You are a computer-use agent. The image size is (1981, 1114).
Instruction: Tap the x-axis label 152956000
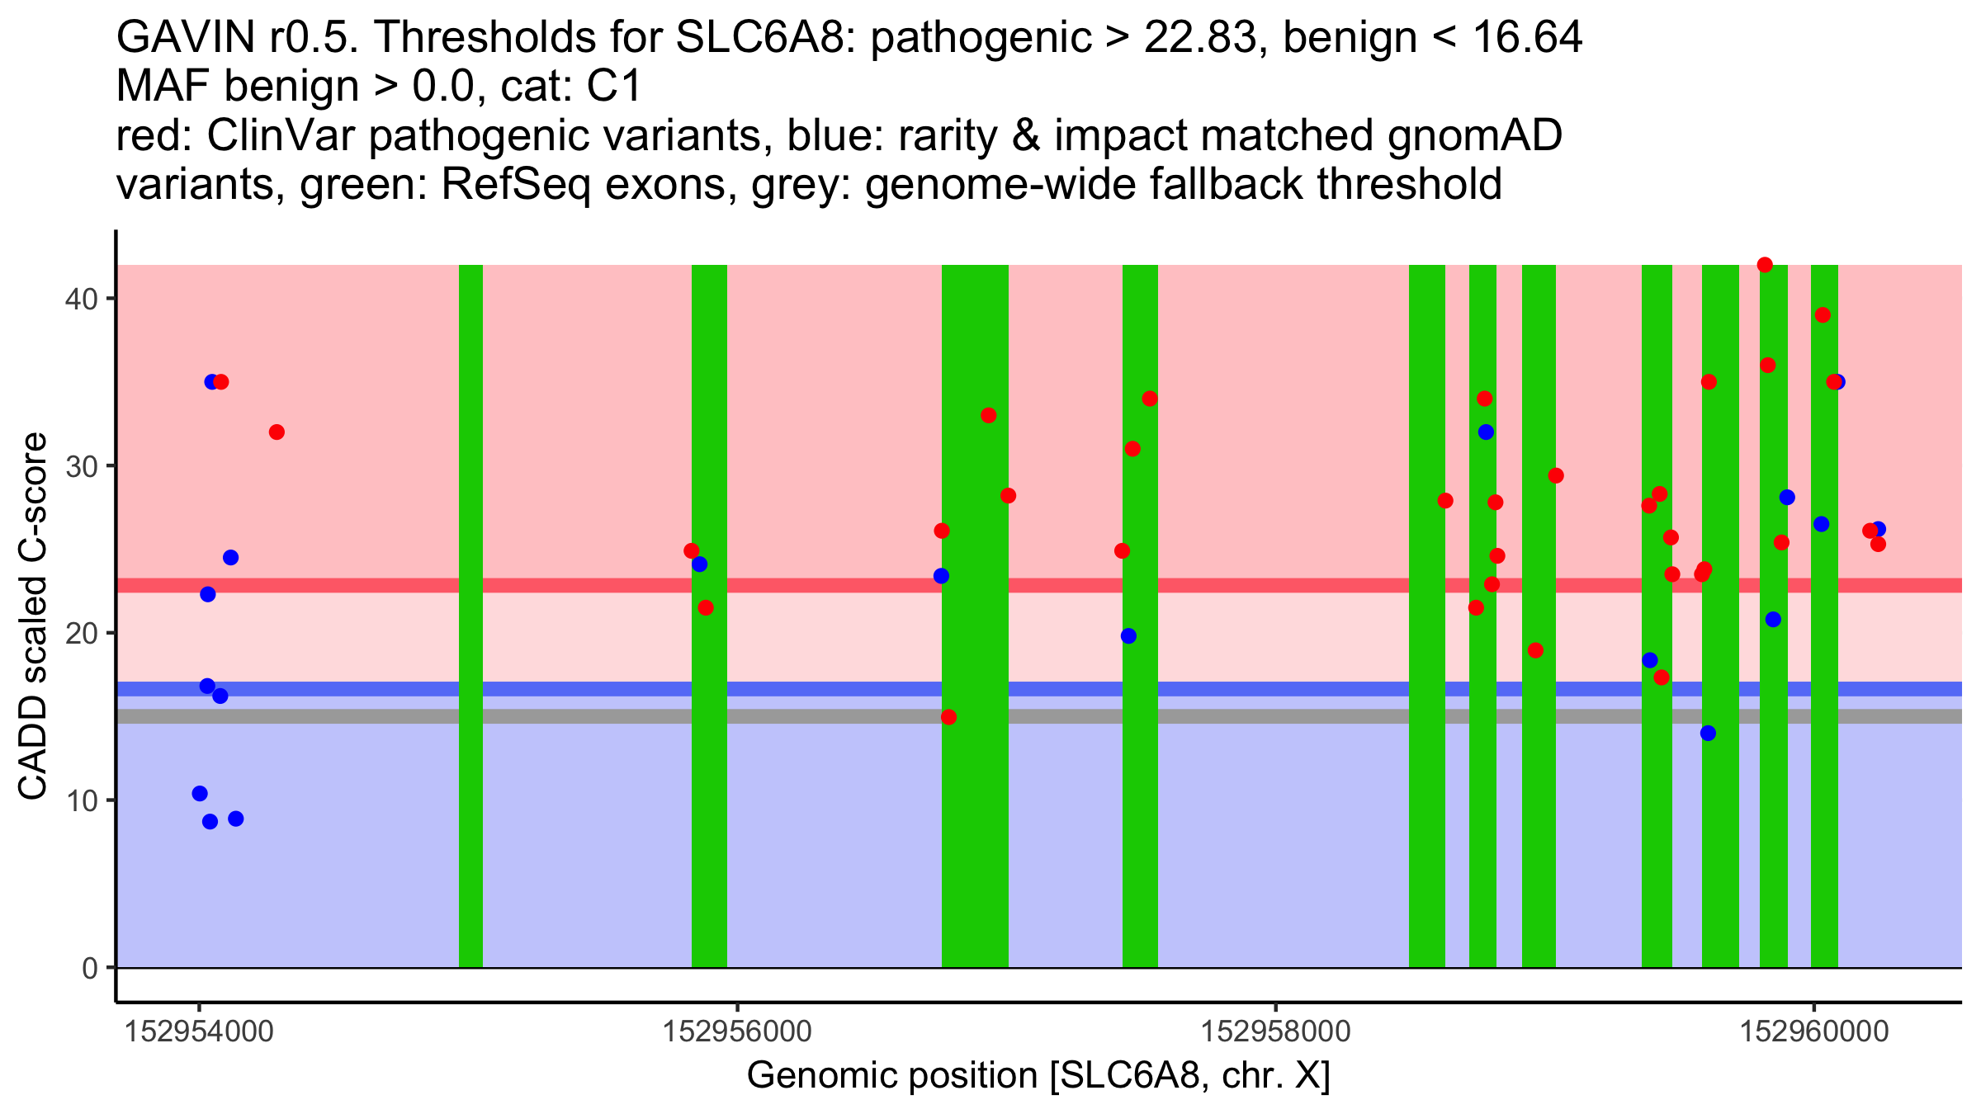[737, 1031]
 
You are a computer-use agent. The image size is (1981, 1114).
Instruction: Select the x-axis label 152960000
[1814, 1031]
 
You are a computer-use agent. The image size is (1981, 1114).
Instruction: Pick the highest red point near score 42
[1765, 265]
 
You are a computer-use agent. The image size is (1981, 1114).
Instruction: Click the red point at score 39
[1823, 315]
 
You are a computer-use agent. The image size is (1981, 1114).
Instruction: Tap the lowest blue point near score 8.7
[210, 821]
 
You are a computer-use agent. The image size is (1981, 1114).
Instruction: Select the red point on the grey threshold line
[948, 717]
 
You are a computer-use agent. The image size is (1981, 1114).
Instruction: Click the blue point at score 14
[1708, 733]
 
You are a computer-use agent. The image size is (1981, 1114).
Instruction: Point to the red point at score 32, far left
[277, 432]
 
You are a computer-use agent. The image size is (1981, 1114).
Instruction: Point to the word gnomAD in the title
[1474, 136]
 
